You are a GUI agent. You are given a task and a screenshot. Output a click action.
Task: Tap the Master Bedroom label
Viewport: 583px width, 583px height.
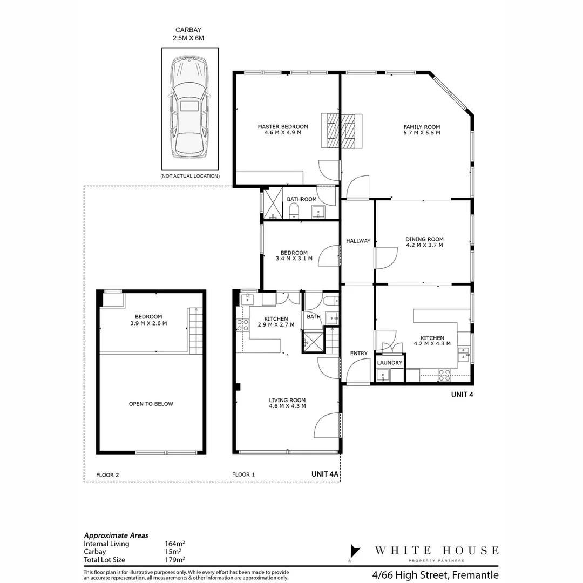point(282,130)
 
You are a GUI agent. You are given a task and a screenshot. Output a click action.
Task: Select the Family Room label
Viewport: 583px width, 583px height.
point(422,130)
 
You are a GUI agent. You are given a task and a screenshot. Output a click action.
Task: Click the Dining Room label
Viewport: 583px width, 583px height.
point(424,242)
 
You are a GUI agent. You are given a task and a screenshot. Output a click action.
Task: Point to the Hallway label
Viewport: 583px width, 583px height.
point(358,241)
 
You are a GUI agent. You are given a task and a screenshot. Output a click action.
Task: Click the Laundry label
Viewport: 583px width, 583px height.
point(389,363)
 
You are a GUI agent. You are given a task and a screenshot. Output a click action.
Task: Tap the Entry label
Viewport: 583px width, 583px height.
point(358,354)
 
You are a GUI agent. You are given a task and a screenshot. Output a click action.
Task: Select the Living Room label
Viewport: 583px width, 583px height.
point(287,403)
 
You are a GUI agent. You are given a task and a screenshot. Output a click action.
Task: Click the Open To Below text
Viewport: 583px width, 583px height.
point(151,404)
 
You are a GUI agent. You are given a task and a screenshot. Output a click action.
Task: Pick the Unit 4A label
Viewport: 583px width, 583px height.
point(325,474)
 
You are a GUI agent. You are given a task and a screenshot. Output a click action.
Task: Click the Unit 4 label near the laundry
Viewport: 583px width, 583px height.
point(462,395)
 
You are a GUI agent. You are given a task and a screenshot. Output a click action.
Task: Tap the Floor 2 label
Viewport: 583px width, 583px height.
point(107,475)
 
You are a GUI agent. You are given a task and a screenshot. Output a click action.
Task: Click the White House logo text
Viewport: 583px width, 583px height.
point(436,551)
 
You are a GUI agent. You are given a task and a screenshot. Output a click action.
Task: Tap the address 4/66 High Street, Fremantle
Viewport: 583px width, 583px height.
point(435,575)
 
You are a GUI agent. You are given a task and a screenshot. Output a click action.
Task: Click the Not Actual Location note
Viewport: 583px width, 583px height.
point(190,176)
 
